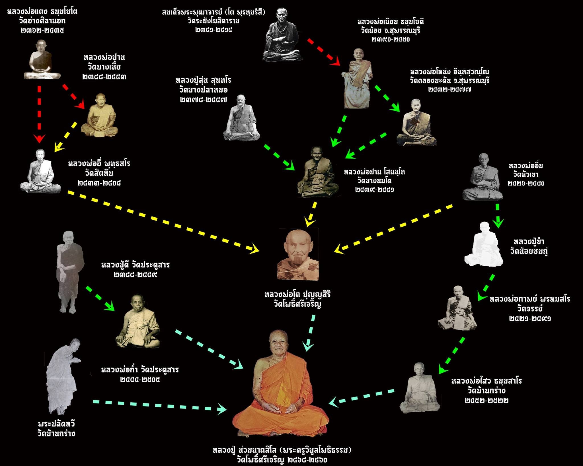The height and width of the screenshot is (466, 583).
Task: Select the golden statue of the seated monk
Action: [100, 115]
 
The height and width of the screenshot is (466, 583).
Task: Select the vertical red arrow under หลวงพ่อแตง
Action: [39, 114]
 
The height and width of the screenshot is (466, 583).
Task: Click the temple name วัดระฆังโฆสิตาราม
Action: [214, 21]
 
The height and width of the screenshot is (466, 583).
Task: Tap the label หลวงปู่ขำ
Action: [529, 242]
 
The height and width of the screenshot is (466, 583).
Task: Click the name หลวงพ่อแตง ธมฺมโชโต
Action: [42, 12]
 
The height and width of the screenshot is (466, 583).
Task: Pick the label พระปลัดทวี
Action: [56, 424]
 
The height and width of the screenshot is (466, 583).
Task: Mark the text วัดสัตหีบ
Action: [99, 173]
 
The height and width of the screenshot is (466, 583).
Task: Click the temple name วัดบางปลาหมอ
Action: [203, 90]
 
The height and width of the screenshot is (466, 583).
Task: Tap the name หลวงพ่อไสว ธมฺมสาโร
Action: [486, 381]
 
